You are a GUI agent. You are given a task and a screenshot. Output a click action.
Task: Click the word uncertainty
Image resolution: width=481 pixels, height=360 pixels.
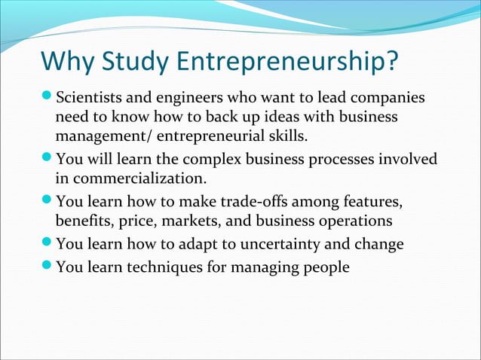click(292, 245)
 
